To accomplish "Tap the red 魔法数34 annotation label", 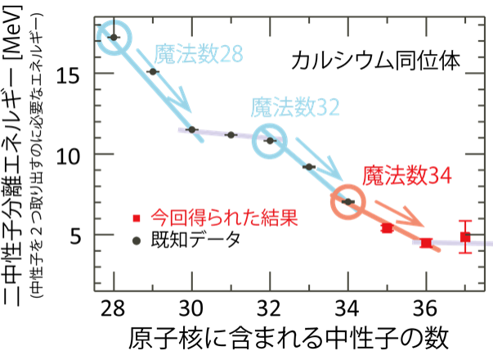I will click(x=407, y=174).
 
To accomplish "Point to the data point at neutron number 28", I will click(x=114, y=38).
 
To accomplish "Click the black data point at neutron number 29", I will click(x=153, y=72).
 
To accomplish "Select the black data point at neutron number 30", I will click(x=192, y=129).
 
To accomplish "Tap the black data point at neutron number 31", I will click(x=231, y=135).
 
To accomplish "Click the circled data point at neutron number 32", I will click(x=270, y=140).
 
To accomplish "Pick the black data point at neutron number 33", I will click(x=309, y=167).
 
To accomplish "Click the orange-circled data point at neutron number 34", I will click(x=348, y=201).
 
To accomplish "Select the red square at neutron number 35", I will click(x=387, y=227).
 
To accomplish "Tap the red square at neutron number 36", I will click(x=426, y=242).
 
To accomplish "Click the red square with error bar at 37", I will click(x=465, y=237).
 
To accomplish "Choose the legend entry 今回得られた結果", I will click(x=211, y=218).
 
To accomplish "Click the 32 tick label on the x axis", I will click(x=270, y=310).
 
